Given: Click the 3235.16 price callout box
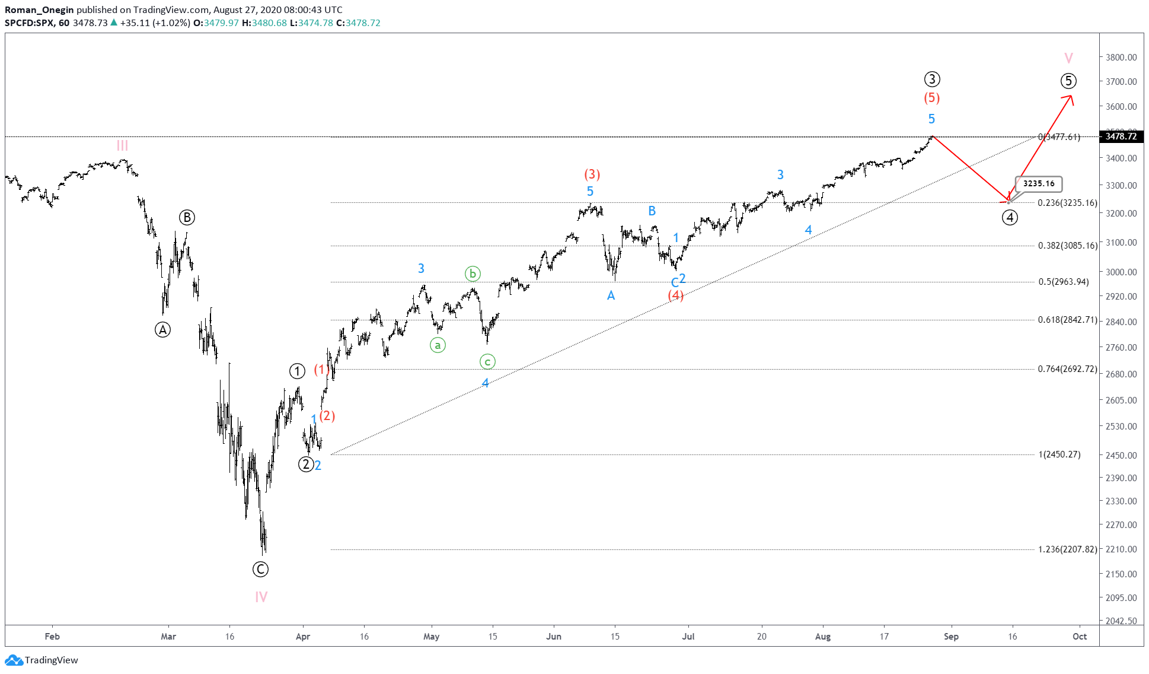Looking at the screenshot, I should tap(1038, 184).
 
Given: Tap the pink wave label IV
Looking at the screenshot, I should tap(261, 597).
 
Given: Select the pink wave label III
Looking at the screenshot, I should tap(122, 145).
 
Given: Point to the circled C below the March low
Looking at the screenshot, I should tap(260, 570).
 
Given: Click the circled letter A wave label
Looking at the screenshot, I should tap(162, 330).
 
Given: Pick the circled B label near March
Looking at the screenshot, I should tap(187, 218).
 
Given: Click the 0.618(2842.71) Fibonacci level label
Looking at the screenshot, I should tap(1067, 320).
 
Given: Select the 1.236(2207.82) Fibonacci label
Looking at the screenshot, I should tap(1067, 549).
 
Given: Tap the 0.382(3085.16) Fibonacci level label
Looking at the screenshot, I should tap(1067, 246).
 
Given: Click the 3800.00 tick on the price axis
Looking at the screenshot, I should tap(1121, 58).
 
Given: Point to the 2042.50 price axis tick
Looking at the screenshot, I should tap(1121, 621).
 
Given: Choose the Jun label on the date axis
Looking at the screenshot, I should tap(554, 637).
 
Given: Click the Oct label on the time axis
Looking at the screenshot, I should tap(1080, 637).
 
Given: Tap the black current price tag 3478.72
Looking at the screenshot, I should tap(1121, 136).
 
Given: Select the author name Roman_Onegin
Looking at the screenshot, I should tap(39, 9).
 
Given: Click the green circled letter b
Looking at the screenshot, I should tap(473, 274).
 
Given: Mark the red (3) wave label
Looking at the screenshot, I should tap(592, 174).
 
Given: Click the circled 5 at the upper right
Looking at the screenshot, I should tap(1068, 81).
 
